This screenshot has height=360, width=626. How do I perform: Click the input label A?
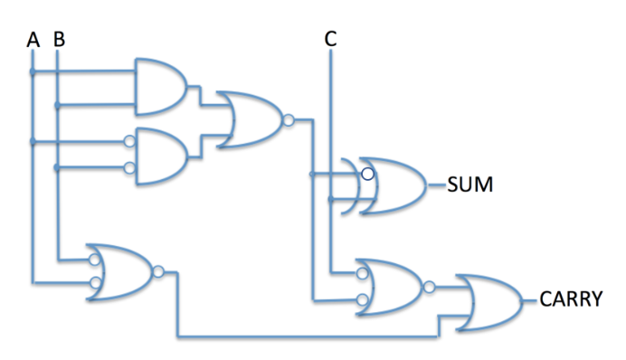pos(33,40)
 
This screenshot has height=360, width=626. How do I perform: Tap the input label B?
pos(59,40)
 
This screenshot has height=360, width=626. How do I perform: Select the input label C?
pos(330,39)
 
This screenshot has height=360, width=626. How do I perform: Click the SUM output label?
pos(469,188)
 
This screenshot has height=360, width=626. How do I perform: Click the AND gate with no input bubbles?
pos(160,87)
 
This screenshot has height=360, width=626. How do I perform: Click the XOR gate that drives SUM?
pos(393,186)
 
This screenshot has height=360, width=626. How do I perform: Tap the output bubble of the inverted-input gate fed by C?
pos(429,287)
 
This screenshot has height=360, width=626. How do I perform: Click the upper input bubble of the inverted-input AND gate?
pos(130,142)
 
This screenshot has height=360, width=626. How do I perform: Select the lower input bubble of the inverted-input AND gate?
pos(130,167)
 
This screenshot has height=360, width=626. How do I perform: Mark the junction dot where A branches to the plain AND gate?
pos(33,71)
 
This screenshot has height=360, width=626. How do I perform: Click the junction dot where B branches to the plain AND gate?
pos(59,105)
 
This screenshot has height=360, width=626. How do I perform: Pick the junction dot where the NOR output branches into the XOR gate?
pos(311,174)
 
